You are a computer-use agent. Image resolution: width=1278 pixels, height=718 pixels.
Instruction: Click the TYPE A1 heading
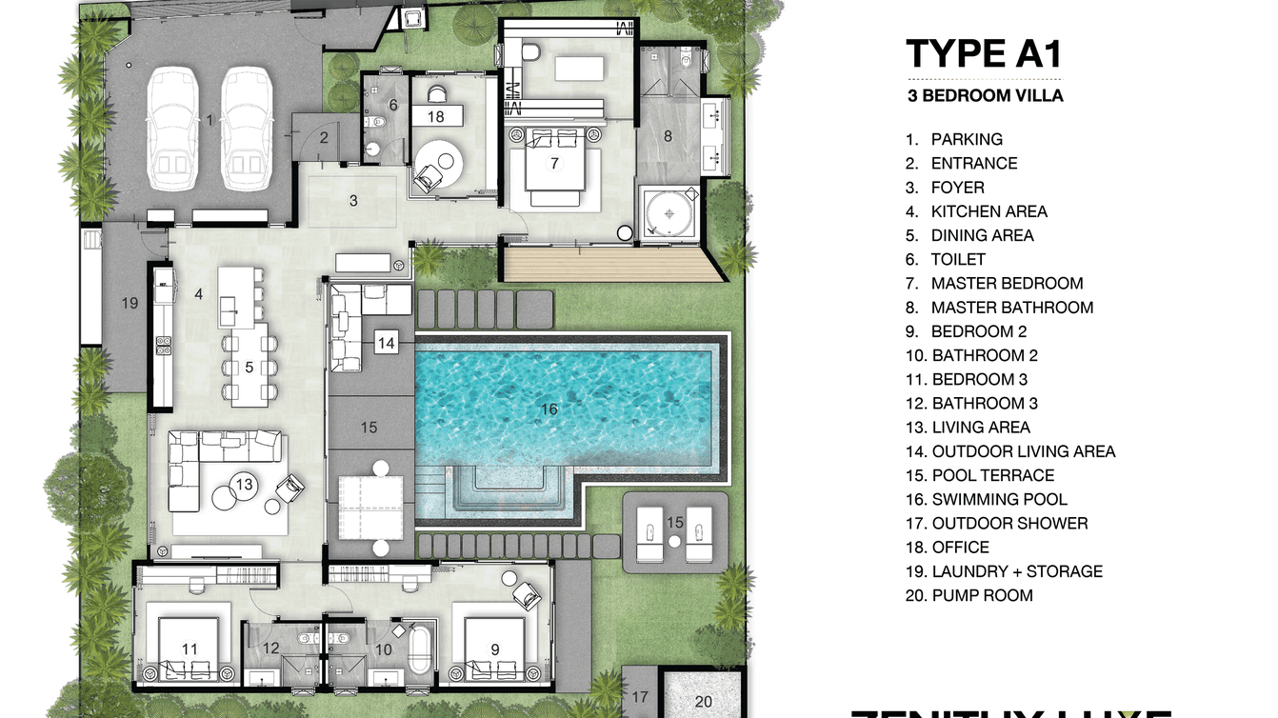coord(983,54)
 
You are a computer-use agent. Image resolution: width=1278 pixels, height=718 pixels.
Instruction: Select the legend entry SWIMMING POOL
coord(999,499)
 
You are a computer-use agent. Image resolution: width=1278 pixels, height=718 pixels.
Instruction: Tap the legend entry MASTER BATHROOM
coord(1011,308)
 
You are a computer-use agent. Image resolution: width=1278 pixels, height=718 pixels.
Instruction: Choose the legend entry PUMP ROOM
coord(982,595)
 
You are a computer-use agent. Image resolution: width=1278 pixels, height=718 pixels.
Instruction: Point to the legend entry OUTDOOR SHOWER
coord(1009,523)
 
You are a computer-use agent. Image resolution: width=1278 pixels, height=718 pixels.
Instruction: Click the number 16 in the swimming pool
coord(549,409)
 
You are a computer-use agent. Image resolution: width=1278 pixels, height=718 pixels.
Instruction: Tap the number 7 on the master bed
coord(553,163)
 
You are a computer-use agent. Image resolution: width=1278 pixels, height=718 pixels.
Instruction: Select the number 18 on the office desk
coord(436,116)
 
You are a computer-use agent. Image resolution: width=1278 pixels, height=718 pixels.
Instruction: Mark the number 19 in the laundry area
coord(130,304)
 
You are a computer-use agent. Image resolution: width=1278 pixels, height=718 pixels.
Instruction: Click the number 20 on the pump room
coord(703,702)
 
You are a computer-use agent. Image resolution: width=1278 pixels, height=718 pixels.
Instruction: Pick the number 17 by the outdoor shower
coord(640,697)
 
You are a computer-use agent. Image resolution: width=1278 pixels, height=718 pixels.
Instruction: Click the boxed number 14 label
coord(386,342)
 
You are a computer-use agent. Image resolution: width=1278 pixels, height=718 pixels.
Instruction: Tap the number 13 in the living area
coord(245,485)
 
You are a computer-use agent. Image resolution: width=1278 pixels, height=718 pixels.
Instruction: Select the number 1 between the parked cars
coord(210,120)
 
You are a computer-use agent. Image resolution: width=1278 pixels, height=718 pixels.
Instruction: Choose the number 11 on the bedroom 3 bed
coord(190,649)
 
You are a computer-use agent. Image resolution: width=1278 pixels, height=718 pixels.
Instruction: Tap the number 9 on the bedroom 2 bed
coord(494,649)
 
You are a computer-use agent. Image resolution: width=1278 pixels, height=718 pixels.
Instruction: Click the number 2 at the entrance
coord(324,137)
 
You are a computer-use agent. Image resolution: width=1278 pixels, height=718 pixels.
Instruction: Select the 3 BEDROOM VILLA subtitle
coord(985,95)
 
